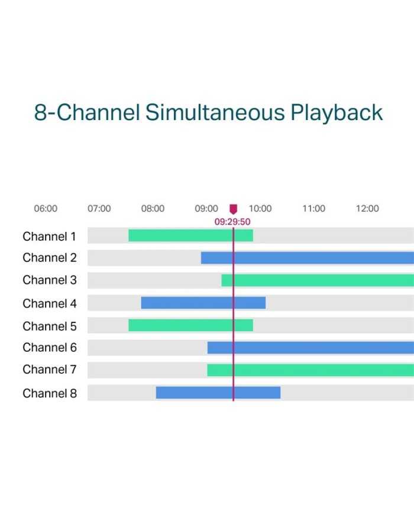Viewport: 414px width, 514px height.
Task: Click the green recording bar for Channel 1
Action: pos(191,235)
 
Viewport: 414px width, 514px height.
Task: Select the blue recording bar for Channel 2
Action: pos(308,258)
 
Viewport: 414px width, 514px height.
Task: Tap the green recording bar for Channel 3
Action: pos(318,280)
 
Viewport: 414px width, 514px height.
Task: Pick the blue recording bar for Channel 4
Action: pos(203,303)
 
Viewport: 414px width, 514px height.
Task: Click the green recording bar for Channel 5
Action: pos(191,325)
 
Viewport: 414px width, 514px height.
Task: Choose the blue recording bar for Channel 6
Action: pos(310,347)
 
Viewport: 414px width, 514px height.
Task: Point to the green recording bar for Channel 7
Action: pos(310,370)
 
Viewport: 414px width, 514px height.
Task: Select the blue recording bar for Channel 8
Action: pos(218,392)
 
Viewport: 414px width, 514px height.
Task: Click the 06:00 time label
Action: pos(46,208)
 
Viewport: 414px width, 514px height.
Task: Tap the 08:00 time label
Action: pos(153,208)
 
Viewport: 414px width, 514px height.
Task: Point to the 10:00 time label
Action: pos(260,208)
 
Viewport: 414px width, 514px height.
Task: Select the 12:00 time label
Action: pos(367,208)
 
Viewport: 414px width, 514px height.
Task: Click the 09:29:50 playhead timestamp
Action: pos(232,222)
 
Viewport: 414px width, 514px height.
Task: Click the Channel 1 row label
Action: pos(49,237)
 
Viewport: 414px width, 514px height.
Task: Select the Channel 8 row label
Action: pos(50,393)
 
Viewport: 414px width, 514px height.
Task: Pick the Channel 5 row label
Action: pos(50,326)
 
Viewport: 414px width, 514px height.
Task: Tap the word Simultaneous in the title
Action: pos(215,112)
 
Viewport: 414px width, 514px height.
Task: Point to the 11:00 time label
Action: pos(313,208)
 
